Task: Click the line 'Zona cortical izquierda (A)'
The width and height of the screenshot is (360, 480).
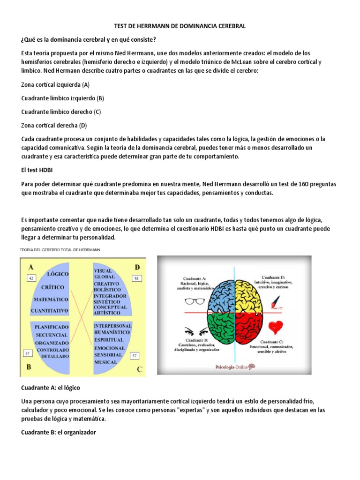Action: tap(55, 85)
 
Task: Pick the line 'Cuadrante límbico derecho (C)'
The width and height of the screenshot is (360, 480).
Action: tap(61, 112)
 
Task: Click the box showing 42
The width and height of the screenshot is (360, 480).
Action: tap(31, 278)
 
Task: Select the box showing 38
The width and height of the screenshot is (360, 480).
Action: tap(136, 278)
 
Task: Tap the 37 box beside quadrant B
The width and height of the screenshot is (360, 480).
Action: tap(28, 352)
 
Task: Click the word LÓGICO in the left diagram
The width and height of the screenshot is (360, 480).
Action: tap(56, 273)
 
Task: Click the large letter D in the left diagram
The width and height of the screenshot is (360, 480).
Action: tap(137, 267)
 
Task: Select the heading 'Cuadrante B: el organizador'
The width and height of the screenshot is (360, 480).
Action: tap(59, 432)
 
